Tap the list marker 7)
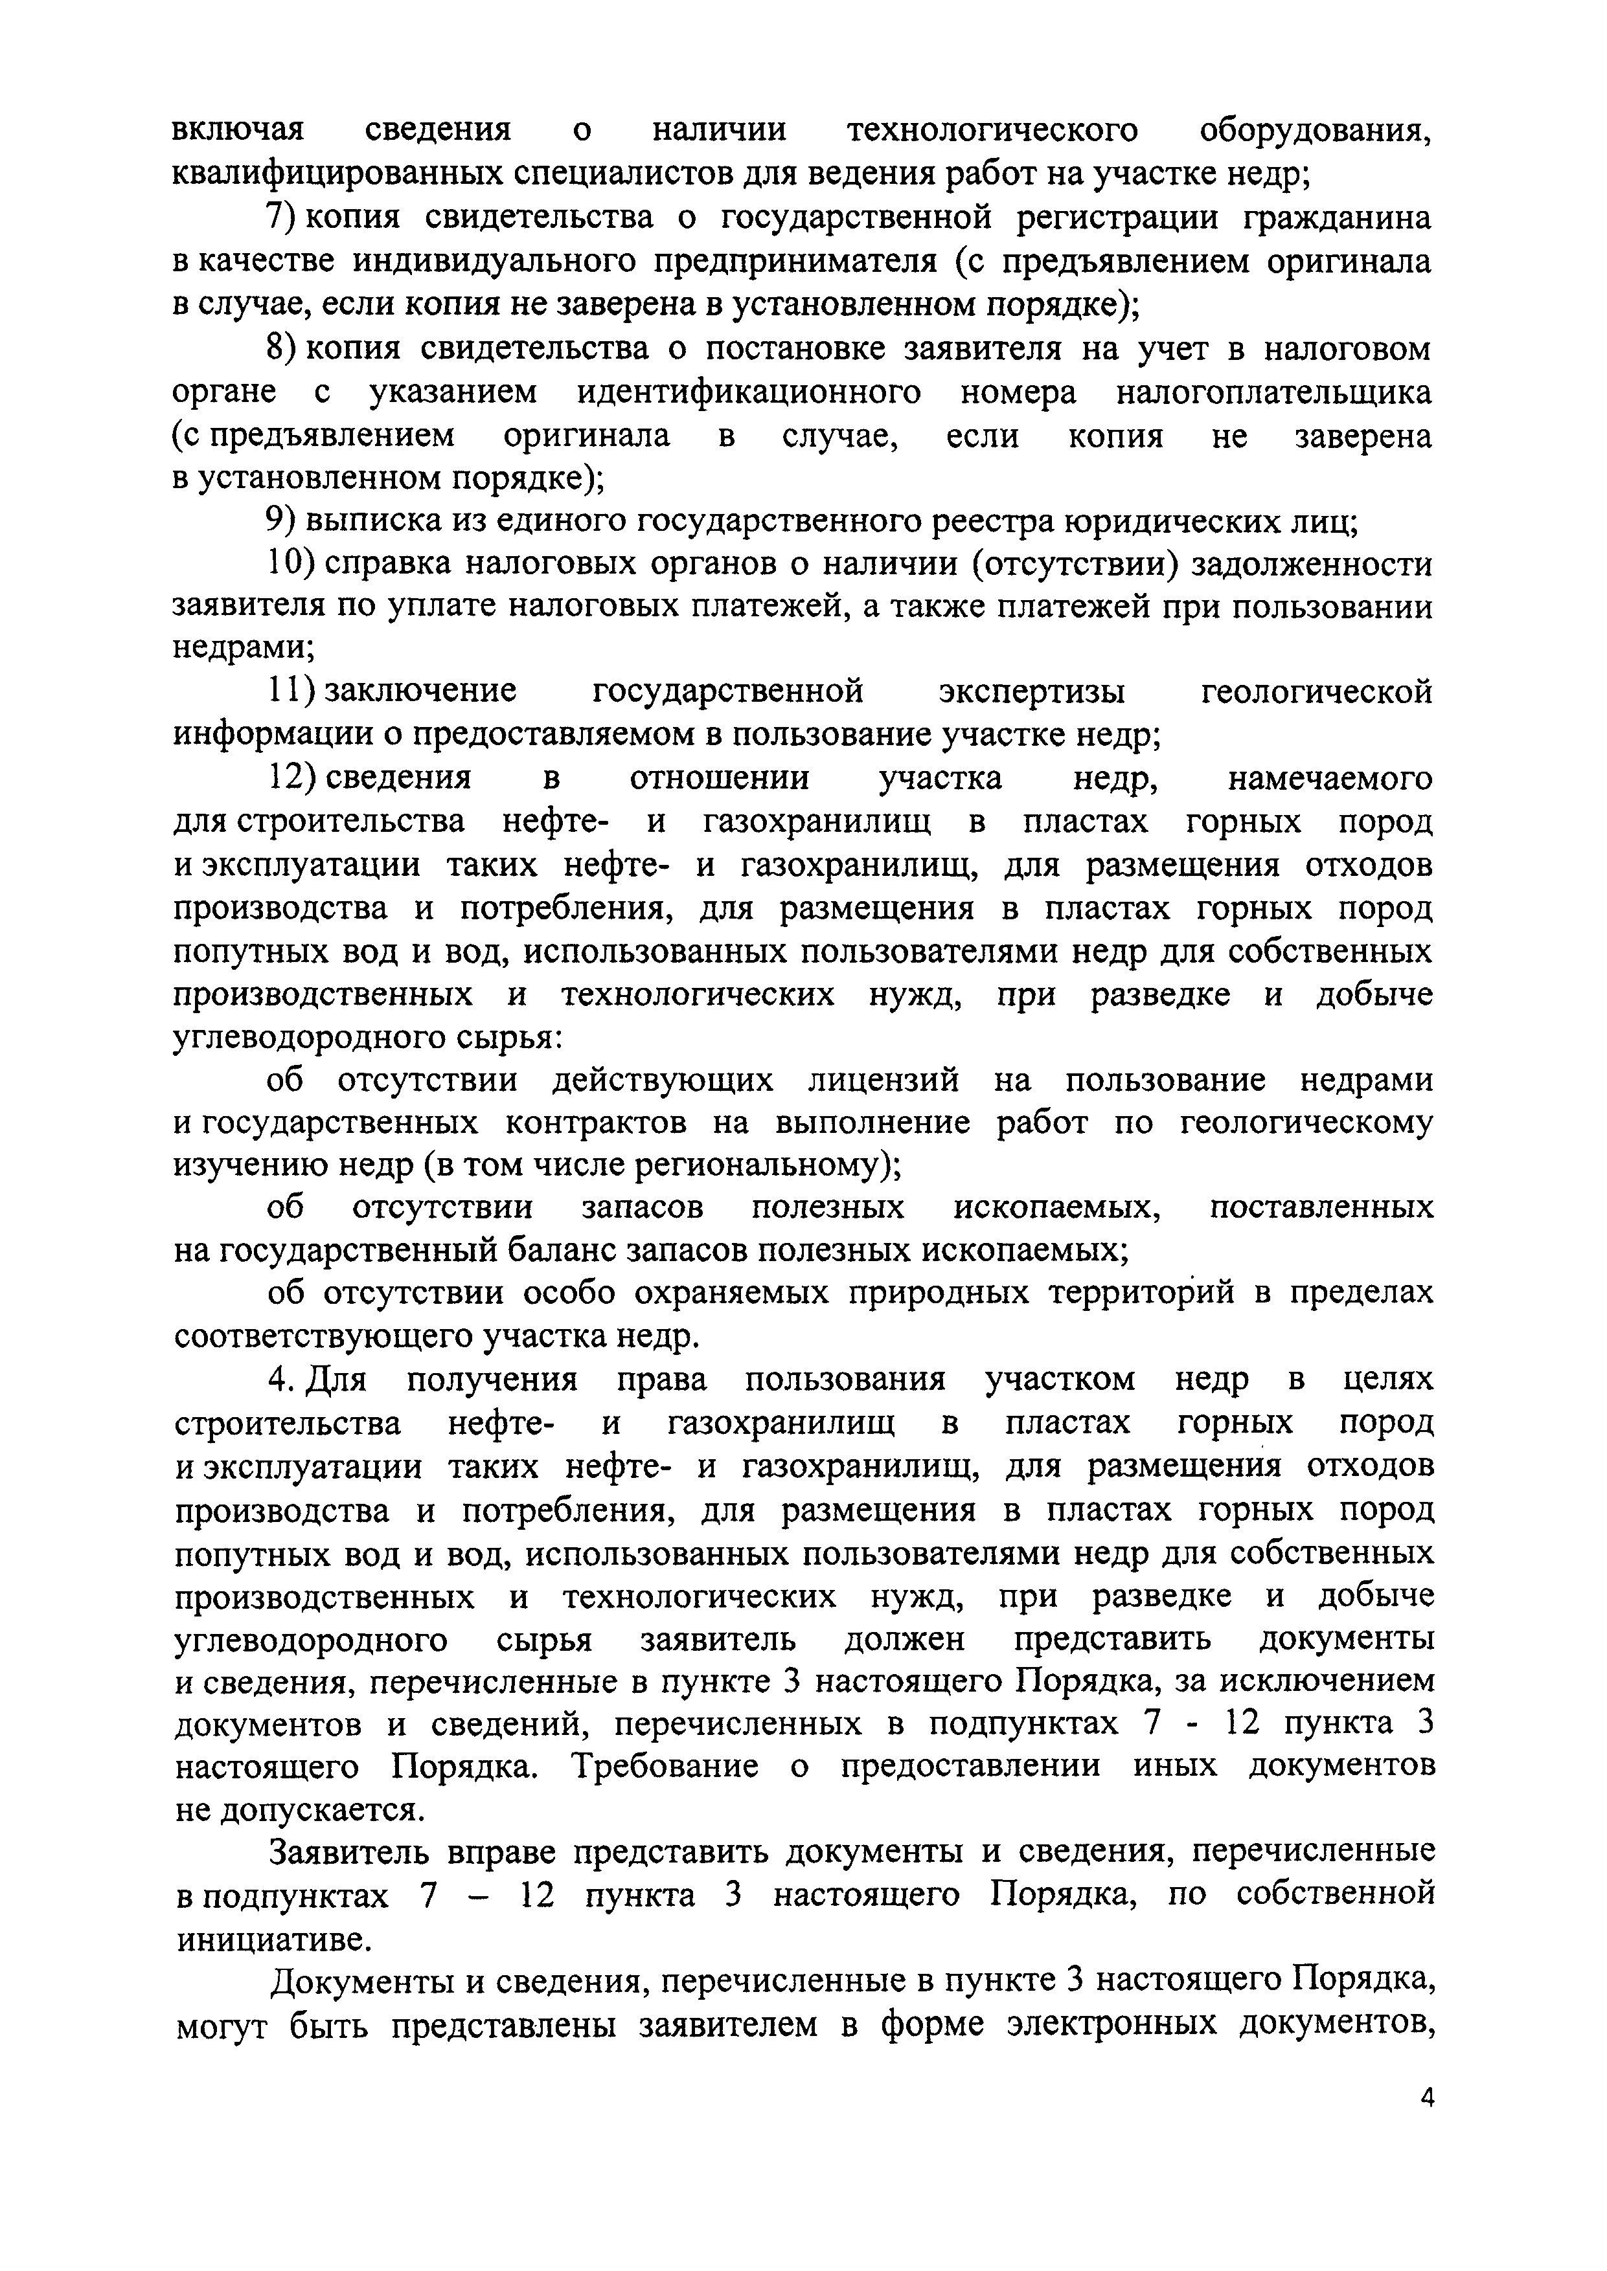(x=284, y=217)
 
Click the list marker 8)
(x=284, y=348)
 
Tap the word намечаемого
(x=1330, y=778)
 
